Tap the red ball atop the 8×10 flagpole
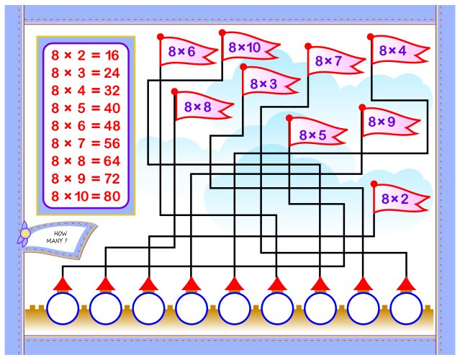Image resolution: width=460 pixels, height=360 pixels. click(x=222, y=32)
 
